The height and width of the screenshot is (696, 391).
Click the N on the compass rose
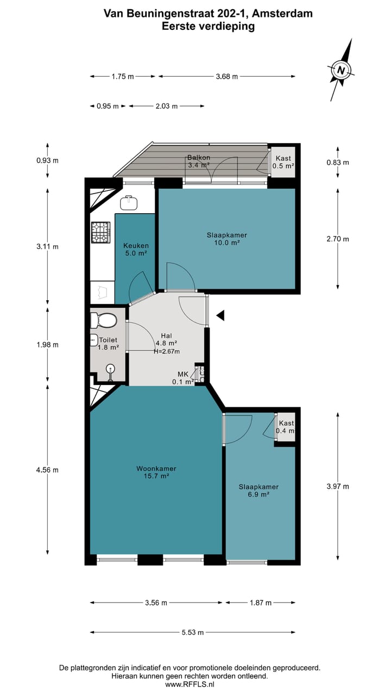tap(341, 70)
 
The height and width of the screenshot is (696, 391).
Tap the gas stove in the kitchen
tap(100, 232)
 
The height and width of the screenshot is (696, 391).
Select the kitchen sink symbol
tap(129, 203)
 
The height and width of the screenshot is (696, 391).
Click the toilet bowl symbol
tap(103, 320)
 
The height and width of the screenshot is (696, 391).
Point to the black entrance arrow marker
tap(220, 315)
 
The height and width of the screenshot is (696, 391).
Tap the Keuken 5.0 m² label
tap(136, 249)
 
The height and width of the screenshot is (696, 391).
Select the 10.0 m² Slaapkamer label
tap(227, 239)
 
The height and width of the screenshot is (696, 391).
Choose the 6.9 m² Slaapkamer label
tap(258, 490)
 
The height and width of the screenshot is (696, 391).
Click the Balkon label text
tap(199, 158)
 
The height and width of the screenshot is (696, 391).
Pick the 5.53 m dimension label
tap(193, 632)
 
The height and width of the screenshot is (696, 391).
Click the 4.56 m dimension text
tap(47, 470)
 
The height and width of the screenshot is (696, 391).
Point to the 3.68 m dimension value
tap(227, 77)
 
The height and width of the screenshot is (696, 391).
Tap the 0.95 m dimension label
tap(108, 106)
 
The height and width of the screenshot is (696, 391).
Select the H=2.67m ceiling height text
tap(167, 351)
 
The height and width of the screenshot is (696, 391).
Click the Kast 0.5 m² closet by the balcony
tap(283, 162)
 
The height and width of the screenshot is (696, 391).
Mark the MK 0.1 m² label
tap(183, 378)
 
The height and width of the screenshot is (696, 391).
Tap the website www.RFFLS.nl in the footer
tap(190, 684)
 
